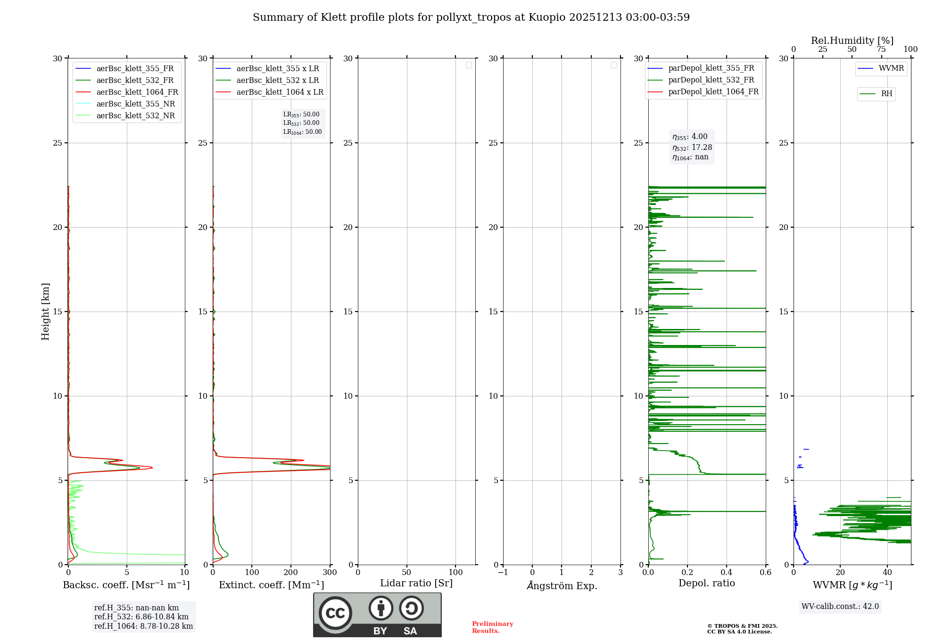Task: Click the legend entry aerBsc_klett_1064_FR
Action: pos(137,92)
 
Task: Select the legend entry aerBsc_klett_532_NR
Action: pos(135,116)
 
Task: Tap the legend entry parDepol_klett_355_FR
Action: pos(711,68)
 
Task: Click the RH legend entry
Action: pos(886,94)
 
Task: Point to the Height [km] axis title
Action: pos(45,312)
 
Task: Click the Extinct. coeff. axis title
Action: pos(271,585)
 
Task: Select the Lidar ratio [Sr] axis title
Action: pos(416,583)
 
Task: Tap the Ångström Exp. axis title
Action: pos(562,586)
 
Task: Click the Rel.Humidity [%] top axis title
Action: pos(852,41)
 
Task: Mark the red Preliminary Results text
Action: pos(492,627)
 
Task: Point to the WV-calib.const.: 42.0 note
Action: pos(840,607)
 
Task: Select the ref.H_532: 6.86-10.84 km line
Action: pos(141,617)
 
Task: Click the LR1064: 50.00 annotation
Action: pos(303,132)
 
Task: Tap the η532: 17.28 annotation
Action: pos(692,148)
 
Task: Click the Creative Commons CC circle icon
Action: pos(335,613)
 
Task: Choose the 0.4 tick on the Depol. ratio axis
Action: pos(727,573)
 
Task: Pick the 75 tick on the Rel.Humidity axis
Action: pos(881,49)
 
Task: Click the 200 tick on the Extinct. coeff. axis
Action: pos(291,573)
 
